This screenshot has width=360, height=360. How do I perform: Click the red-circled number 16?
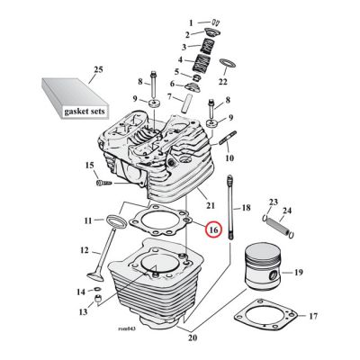[213, 230]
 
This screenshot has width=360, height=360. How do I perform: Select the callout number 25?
[99, 69]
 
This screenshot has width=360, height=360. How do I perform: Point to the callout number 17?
[313, 317]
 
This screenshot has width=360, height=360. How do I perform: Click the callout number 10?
[229, 158]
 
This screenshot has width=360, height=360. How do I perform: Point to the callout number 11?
[87, 220]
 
